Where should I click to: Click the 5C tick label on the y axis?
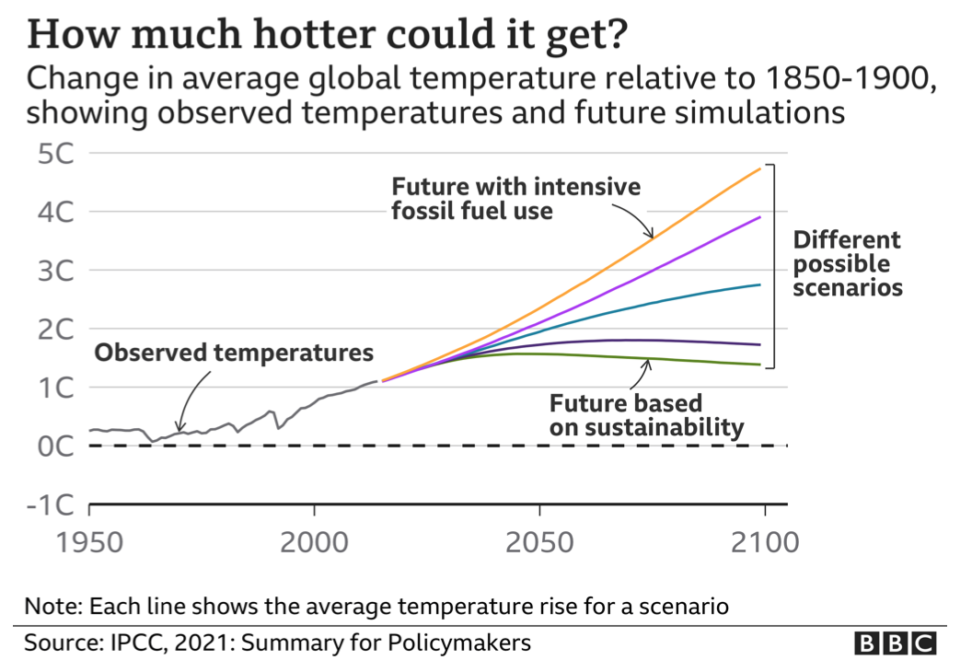pos(51,154)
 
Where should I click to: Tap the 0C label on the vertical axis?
pos(51,446)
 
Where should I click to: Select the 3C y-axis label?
pos(51,271)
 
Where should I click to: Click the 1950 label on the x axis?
pos(89,541)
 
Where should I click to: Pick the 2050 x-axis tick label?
pos(539,541)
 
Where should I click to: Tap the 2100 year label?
pos(764,541)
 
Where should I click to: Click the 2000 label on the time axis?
pos(314,541)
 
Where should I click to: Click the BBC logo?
pos(895,643)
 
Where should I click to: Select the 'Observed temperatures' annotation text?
pos(235,353)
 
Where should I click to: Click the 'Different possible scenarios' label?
pos(847,264)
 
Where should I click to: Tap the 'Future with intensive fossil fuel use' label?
pos(516,199)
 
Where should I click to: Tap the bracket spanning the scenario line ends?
pos(775,266)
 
